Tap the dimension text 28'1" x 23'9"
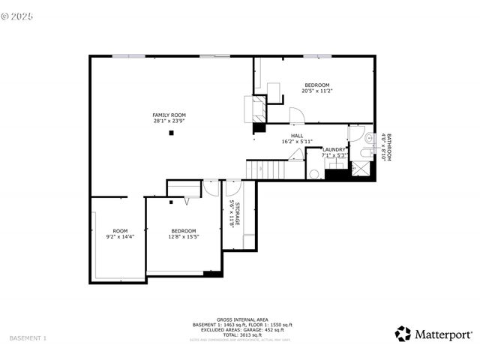pyautogui.click(x=169, y=121)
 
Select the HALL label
pyautogui.click(x=298, y=136)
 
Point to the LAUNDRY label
pyautogui.click(x=334, y=149)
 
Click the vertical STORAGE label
pyautogui.click(x=237, y=214)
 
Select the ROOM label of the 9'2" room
pyautogui.click(x=120, y=231)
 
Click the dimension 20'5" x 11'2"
pyautogui.click(x=316, y=91)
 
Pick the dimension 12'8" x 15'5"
pyautogui.click(x=183, y=237)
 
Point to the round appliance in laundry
pyautogui.click(x=314, y=173)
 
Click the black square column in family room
pyautogui.click(x=172, y=133)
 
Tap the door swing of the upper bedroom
pyautogui.click(x=298, y=116)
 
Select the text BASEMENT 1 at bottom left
pyautogui.click(x=28, y=338)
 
